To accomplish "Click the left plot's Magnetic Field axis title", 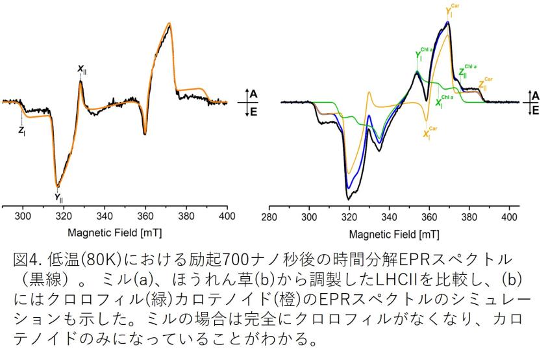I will tap(119, 233).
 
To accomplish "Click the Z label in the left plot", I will tap(21, 130).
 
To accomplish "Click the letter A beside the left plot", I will tap(254, 94).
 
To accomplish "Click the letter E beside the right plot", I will tap(535, 111).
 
